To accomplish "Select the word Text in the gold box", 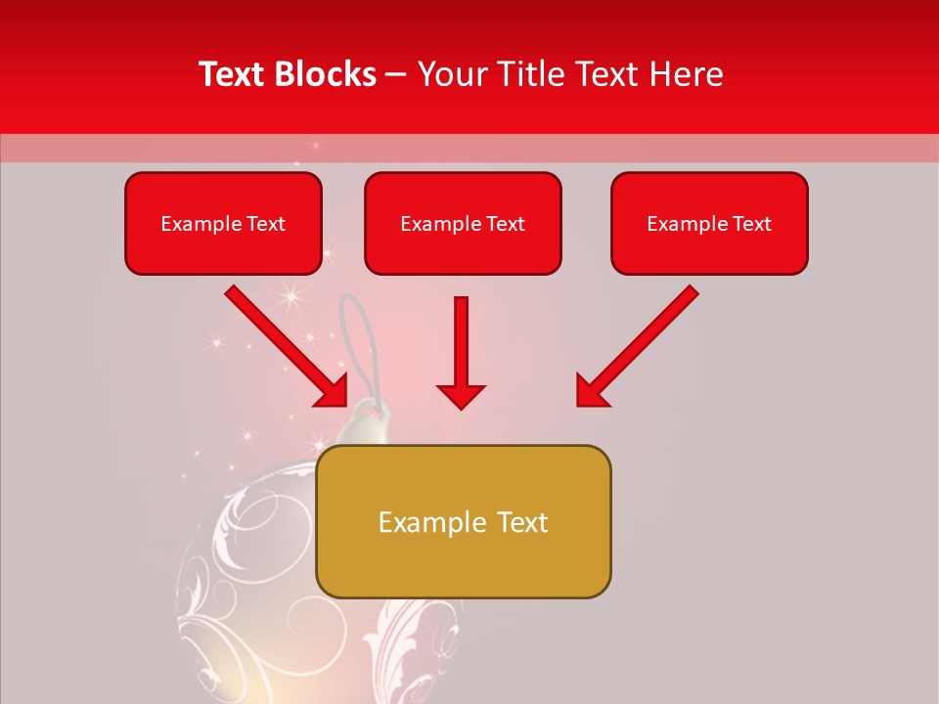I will click(x=522, y=523).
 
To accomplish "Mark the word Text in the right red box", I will click(x=751, y=224).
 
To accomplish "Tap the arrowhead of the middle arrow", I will click(x=461, y=395).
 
